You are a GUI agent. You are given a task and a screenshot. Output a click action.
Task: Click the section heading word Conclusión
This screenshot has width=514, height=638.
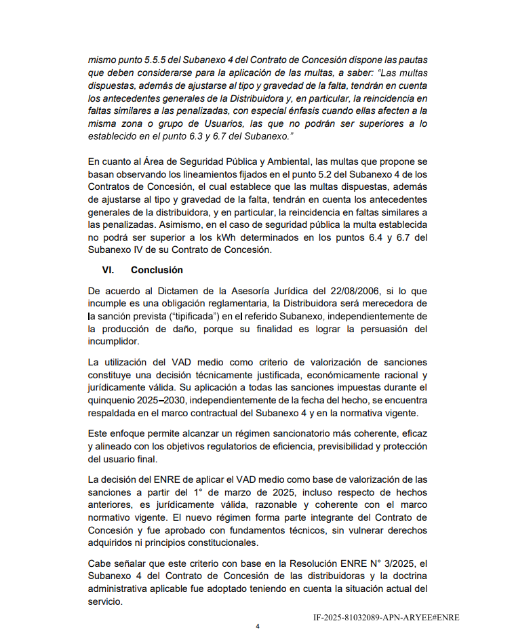pyautogui.click(x=157, y=270)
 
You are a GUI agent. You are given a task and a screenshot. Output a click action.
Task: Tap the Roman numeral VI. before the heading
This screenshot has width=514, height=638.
pyautogui.click(x=108, y=270)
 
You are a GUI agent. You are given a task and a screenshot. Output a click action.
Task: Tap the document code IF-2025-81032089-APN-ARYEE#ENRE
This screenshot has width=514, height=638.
pyautogui.click(x=386, y=618)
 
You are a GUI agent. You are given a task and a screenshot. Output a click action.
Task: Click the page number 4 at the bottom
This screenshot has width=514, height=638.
pyautogui.click(x=257, y=626)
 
